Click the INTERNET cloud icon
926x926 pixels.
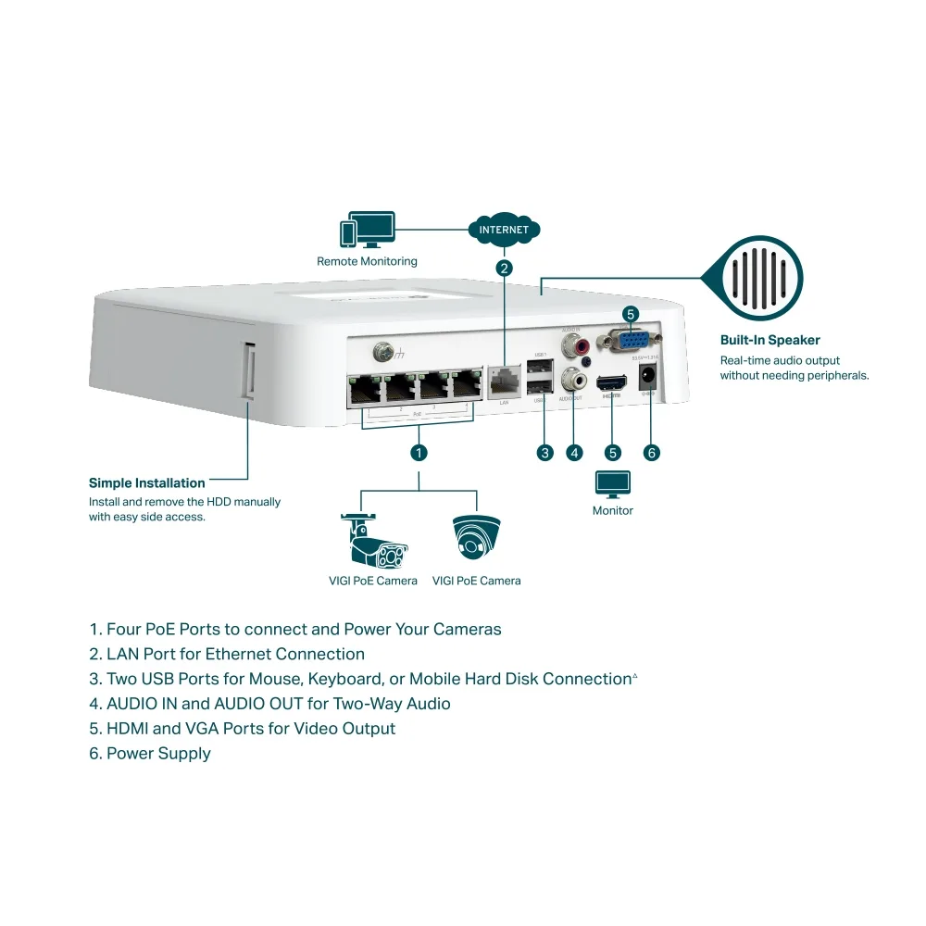point(504,230)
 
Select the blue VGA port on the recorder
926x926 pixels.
point(630,340)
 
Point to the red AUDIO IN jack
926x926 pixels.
point(582,347)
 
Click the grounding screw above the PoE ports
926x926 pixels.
point(381,352)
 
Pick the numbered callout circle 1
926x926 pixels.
point(419,453)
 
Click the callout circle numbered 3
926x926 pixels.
point(544,453)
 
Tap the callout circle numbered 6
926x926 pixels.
point(651,453)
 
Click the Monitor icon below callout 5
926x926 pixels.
point(612,484)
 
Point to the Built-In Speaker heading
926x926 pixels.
point(770,340)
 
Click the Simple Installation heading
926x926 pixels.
point(146,482)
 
